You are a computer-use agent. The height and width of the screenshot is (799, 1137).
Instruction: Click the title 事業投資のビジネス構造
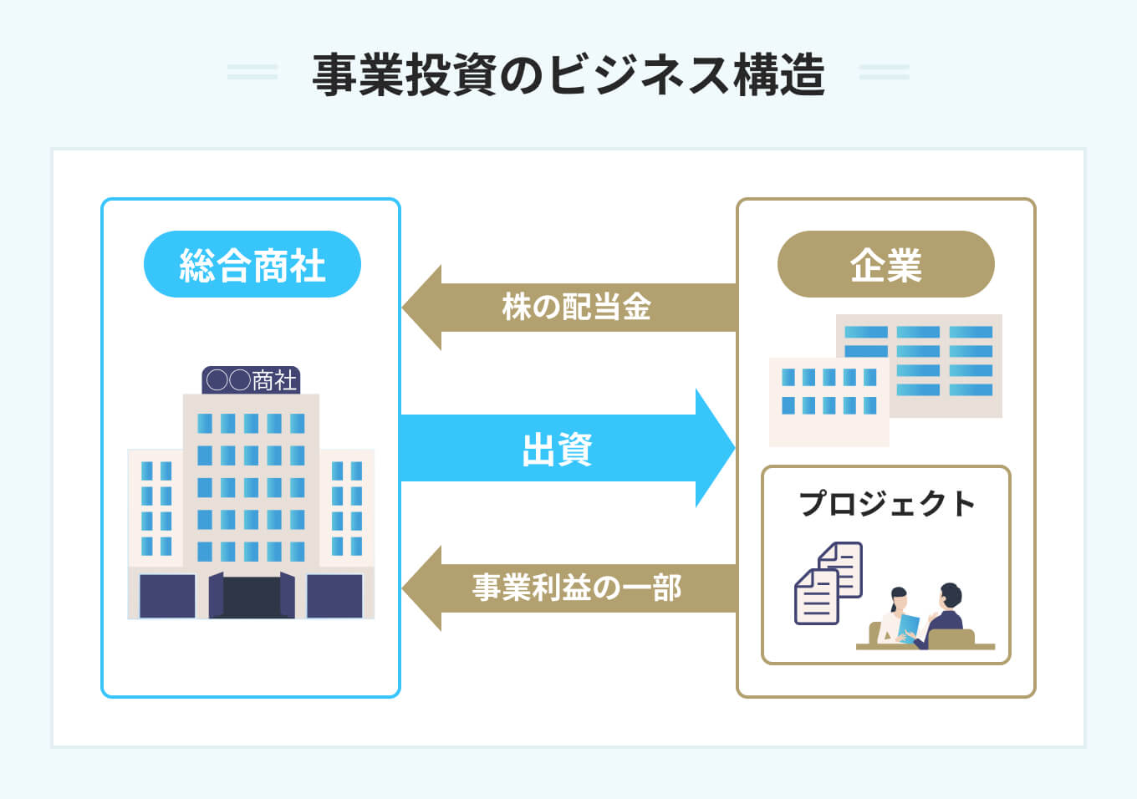568,74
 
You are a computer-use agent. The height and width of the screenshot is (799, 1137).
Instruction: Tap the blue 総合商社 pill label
252,264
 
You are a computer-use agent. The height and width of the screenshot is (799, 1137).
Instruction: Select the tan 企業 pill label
885,264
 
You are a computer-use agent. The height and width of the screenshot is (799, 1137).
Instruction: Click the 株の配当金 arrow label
576,307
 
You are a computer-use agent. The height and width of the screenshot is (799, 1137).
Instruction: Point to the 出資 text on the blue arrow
557,449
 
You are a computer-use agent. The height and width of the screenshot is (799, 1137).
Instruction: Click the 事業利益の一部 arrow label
576,588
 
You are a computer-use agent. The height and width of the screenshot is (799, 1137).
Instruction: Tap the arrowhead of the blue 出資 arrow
715,448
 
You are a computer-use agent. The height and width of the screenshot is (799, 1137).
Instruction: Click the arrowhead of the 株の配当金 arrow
421,308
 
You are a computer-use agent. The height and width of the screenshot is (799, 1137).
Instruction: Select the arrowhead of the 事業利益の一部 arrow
421,588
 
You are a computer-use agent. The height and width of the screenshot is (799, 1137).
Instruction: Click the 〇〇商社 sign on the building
251,380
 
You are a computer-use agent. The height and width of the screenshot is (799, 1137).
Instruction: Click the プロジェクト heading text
886,504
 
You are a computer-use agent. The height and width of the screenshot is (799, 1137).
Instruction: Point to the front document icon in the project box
816,597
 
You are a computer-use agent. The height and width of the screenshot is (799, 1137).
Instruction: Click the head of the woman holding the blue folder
899,599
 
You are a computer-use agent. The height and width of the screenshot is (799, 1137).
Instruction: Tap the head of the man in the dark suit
951,596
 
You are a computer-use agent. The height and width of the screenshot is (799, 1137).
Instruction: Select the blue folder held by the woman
908,628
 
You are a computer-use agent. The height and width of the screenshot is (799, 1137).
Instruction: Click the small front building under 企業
829,402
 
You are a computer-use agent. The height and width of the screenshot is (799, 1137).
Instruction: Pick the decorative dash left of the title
252,72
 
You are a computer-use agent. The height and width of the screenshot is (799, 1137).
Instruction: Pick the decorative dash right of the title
884,72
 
